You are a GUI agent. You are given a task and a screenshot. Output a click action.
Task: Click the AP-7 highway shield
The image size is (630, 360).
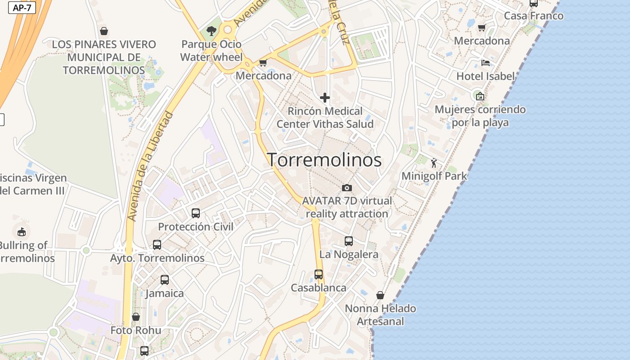[x=22, y=8]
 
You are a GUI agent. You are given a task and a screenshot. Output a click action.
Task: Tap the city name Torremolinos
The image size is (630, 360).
[x=324, y=160]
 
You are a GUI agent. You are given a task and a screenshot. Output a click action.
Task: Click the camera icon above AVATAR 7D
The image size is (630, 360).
[x=347, y=188]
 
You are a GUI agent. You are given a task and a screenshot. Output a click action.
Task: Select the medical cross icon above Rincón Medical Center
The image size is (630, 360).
[x=324, y=97]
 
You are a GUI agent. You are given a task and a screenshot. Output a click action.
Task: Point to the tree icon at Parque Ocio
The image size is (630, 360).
[x=211, y=31]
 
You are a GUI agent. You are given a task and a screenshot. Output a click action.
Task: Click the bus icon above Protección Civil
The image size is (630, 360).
[x=196, y=213]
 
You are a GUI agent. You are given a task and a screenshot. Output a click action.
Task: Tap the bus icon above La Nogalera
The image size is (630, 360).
[x=349, y=241]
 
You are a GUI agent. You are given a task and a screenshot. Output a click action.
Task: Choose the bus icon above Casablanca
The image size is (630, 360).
[x=319, y=274]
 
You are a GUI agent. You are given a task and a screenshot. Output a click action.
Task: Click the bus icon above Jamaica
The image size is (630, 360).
[x=165, y=280]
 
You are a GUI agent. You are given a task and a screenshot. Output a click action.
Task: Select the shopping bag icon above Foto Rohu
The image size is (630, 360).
[x=136, y=317]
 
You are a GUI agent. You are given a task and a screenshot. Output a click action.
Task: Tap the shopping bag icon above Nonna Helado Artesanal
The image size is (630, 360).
[x=380, y=295]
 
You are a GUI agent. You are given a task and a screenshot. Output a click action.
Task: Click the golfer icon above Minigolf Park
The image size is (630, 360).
[x=434, y=163]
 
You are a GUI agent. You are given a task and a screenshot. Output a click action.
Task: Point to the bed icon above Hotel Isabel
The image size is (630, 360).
[x=485, y=63]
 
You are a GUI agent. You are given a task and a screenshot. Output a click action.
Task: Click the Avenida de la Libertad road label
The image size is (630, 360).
[x=150, y=166]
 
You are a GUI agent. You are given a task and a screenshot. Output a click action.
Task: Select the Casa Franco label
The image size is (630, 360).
[x=534, y=16]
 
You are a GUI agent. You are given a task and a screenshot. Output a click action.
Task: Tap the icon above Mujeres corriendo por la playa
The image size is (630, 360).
[x=480, y=96]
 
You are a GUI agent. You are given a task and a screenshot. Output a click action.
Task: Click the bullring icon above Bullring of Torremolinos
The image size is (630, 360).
[x=21, y=232]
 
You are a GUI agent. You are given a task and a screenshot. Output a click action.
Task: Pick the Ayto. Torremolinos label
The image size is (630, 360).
[x=157, y=258]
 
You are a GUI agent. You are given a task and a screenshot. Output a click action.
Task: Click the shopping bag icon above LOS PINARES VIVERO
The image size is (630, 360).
[x=104, y=31]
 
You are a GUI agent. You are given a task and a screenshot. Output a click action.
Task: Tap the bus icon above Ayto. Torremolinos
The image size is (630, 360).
[x=157, y=245]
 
